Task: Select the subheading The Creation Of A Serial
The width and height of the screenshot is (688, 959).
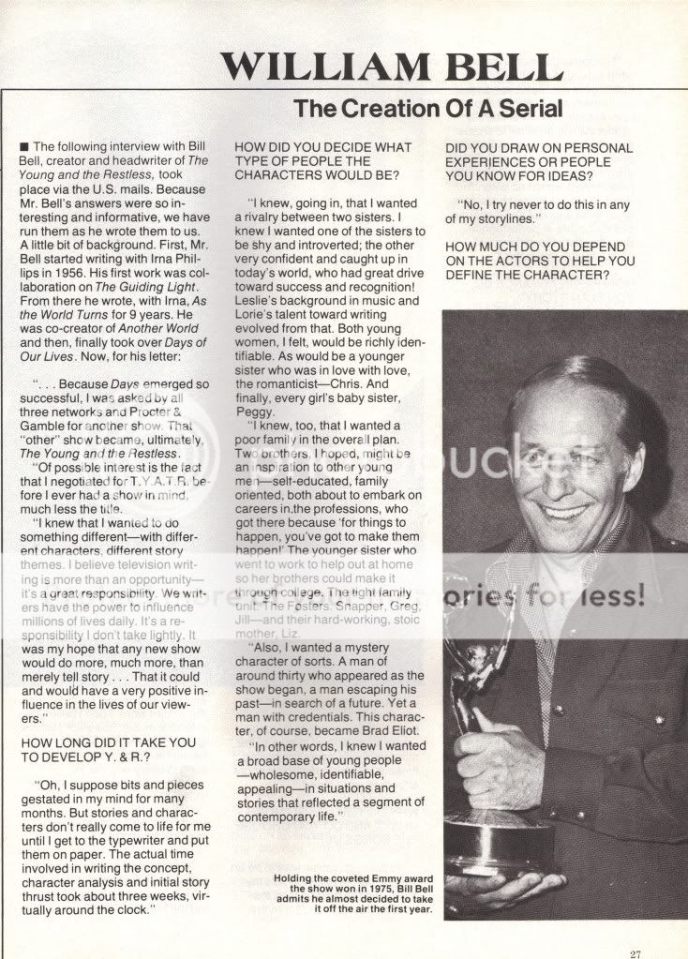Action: coord(428,108)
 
